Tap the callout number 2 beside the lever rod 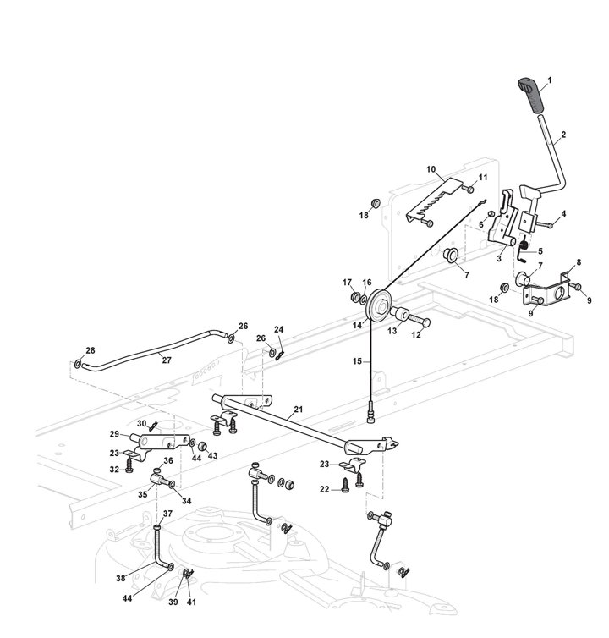tap(563, 135)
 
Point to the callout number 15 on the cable tap(358, 361)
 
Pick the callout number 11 tap(483, 177)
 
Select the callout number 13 tap(392, 331)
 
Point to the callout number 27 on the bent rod tap(167, 358)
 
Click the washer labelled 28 tap(79, 365)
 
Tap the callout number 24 tap(278, 331)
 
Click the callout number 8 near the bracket tap(578, 262)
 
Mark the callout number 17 tap(347, 283)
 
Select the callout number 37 tap(167, 514)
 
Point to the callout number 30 tap(142, 423)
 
